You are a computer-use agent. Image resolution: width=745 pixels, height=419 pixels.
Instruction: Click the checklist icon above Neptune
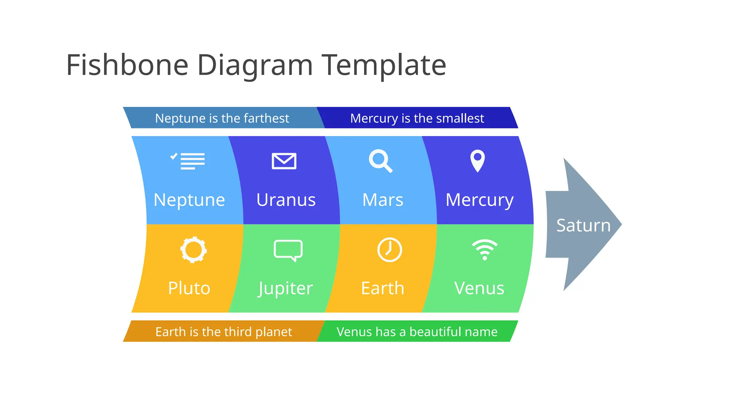coord(188,161)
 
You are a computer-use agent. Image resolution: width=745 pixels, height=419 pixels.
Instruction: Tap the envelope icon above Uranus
coord(284,161)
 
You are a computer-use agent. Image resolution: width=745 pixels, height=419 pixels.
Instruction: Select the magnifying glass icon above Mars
coord(381,161)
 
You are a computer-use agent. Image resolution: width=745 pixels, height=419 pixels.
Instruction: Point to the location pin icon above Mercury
coord(478,160)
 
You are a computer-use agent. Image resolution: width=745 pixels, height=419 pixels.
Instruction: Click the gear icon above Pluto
coord(194,250)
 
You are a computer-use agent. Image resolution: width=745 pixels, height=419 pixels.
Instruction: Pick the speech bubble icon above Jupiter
coord(288,250)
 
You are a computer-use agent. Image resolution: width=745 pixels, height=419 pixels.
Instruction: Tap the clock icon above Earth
coord(390,250)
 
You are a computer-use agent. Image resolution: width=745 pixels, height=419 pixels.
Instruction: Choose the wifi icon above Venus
coord(485,250)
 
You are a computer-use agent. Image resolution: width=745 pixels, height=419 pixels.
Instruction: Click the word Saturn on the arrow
coord(583,226)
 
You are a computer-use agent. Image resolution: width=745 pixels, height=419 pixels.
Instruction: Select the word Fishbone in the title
coord(127,65)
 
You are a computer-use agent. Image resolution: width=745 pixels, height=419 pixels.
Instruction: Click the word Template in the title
coord(384,66)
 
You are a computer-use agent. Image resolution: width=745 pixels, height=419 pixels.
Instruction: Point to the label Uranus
coord(286,200)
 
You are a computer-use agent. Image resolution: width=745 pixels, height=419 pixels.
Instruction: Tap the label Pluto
coord(189,288)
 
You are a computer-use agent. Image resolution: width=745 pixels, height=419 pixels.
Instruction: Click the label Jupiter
coord(286,289)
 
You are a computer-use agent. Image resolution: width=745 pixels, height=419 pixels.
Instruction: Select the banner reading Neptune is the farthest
coord(222,118)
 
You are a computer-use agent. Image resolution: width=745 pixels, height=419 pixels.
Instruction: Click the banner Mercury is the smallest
coord(417,118)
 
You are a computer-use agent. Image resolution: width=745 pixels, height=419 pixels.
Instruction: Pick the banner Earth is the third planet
coord(223,332)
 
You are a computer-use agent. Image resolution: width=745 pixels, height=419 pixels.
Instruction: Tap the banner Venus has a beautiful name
coord(417,332)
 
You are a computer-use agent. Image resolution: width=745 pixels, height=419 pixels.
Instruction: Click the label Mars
coord(383,200)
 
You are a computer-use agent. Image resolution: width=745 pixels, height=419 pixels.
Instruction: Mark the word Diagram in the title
coord(255,66)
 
